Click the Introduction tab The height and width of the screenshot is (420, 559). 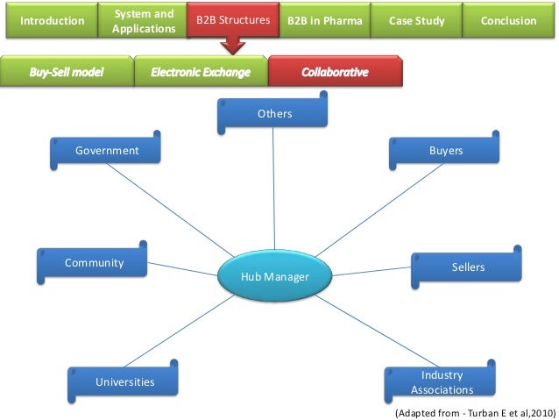[53, 20]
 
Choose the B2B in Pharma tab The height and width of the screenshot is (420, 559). [325, 20]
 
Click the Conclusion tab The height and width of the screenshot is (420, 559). [509, 20]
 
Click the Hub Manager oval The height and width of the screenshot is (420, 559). [275, 277]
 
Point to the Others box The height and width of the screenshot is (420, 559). [274, 114]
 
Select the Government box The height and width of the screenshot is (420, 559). [107, 151]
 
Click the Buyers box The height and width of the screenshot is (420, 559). [446, 151]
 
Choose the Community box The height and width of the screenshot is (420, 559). [94, 263]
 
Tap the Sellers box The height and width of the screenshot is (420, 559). [467, 267]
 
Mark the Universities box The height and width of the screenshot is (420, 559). [124, 381]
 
